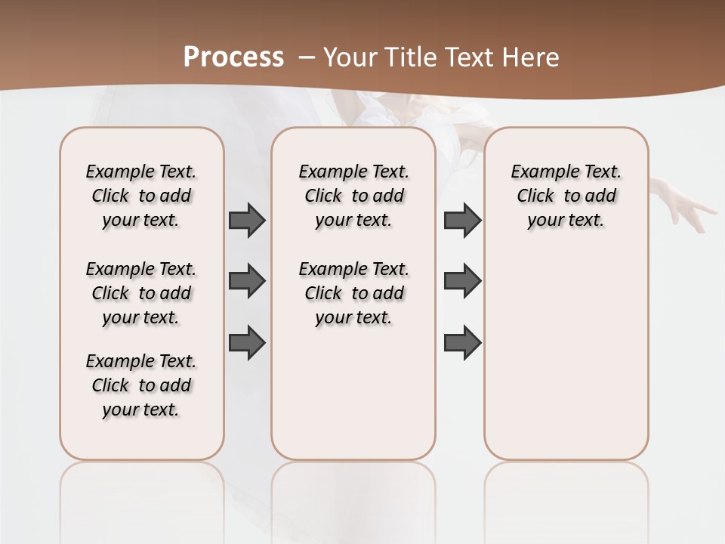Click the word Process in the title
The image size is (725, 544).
pyautogui.click(x=233, y=57)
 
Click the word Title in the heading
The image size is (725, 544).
pyautogui.click(x=410, y=57)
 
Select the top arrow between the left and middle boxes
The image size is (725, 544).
pyautogui.click(x=247, y=221)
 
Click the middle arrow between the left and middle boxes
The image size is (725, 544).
pyautogui.click(x=247, y=281)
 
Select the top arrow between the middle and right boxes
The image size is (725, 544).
pyautogui.click(x=462, y=221)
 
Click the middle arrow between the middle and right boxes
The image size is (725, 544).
pyautogui.click(x=462, y=281)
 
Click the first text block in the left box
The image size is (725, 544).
pyautogui.click(x=141, y=196)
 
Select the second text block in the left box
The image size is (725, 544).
pyautogui.click(x=141, y=293)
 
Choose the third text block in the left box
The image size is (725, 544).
pyautogui.click(x=141, y=385)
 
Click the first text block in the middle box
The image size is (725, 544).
pyautogui.click(x=353, y=196)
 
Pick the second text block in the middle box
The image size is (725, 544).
pyautogui.click(x=353, y=293)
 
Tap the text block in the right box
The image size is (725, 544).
pyautogui.click(x=566, y=196)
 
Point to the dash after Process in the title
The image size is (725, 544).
pyautogui.click(x=307, y=56)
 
